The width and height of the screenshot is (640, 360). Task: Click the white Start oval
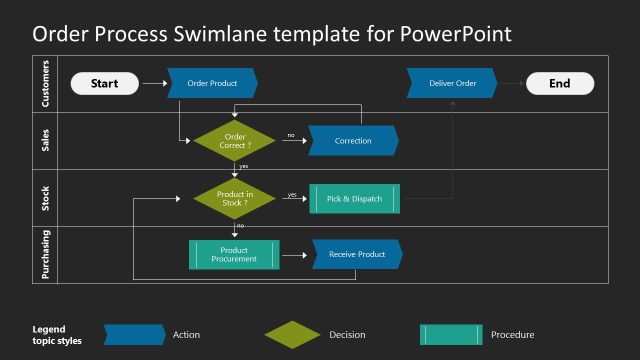point(104,84)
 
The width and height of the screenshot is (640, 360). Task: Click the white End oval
point(559,84)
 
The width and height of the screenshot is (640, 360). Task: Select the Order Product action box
point(212,83)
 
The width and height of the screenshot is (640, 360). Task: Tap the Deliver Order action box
point(452,83)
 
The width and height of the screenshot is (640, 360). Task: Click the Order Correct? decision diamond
point(235,141)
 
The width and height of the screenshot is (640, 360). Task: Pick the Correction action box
point(353,141)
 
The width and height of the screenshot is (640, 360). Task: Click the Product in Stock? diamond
point(235,198)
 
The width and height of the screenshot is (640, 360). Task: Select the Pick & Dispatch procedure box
point(354,199)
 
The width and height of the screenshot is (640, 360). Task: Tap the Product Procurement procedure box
point(234,255)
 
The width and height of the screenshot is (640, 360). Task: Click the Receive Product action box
point(357,255)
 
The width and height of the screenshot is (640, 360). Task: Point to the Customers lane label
point(45,84)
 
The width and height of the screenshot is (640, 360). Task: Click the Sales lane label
point(45,141)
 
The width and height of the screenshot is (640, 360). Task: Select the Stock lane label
point(45,198)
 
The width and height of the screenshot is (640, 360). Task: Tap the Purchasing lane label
point(45,255)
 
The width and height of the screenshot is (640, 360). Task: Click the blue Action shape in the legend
point(134,335)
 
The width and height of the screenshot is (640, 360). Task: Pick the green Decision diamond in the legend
point(292,335)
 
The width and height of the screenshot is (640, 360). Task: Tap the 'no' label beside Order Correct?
point(291,134)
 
